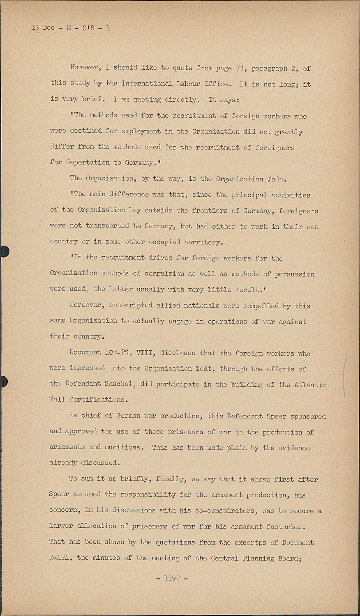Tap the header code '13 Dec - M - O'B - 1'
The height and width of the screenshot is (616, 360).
(70, 28)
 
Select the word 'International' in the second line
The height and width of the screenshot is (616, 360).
(147, 84)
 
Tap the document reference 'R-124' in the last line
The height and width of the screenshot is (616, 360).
(61, 558)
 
